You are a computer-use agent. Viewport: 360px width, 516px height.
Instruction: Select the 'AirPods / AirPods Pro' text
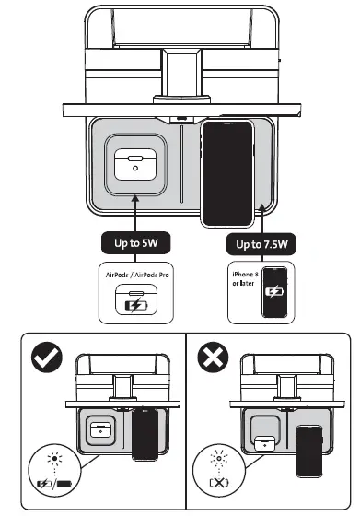coord(134,276)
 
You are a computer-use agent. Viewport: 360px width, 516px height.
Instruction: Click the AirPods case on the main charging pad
coord(135,163)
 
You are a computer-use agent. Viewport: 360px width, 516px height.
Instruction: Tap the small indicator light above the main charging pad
coord(181,118)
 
